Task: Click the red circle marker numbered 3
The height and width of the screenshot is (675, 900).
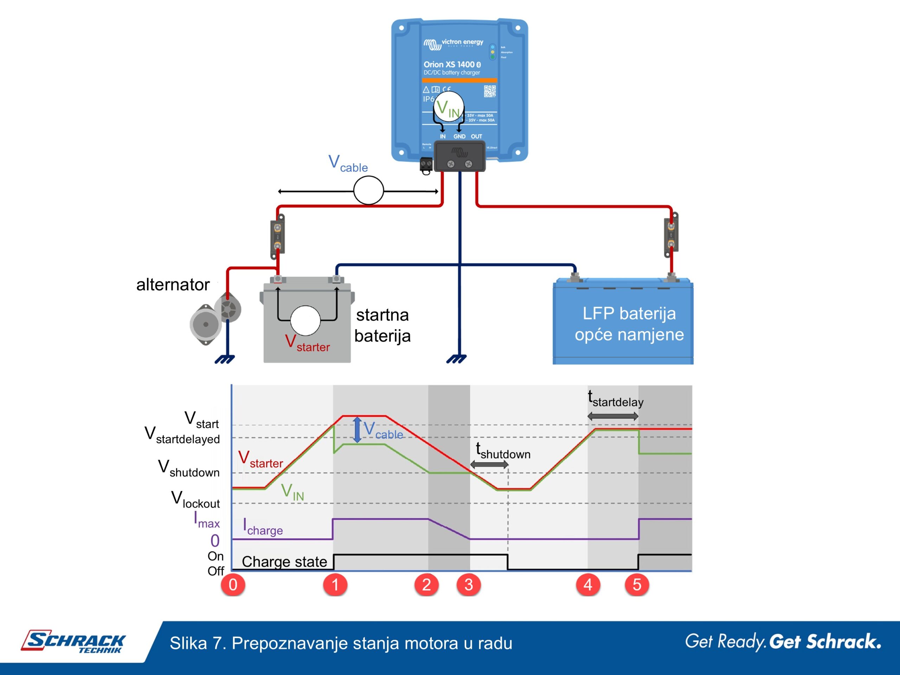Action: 468,585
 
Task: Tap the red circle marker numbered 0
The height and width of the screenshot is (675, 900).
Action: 233,585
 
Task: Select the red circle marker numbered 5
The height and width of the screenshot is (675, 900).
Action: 637,585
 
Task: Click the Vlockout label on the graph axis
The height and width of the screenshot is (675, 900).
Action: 195,500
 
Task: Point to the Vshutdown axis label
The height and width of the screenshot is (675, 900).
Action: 189,468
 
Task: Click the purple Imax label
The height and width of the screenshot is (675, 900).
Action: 207,520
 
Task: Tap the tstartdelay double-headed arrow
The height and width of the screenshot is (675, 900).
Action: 613,416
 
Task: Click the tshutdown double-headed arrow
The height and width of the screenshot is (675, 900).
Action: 489,465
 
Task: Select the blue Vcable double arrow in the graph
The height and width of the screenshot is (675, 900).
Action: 357,429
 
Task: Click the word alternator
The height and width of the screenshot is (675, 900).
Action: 173,284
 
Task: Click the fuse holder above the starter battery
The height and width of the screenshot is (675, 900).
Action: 277,236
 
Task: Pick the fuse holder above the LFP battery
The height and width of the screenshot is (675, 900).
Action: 671,235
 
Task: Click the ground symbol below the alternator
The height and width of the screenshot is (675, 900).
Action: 225,359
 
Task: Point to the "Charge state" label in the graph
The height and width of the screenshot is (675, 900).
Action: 284,561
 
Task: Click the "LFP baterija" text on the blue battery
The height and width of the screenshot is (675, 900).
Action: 629,314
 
